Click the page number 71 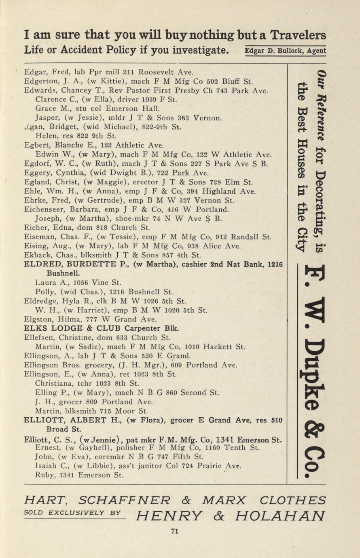pos(175,531)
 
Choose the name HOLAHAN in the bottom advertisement pos(280,516)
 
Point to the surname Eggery pos(38,173)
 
